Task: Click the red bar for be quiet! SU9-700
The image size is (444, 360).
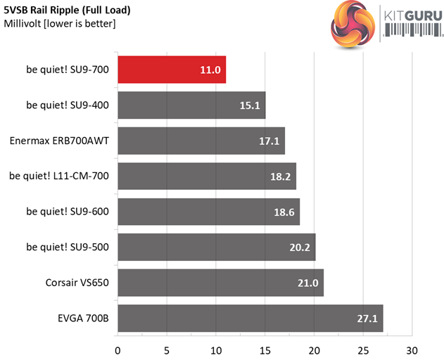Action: tap(172, 70)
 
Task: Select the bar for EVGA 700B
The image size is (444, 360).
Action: tap(250, 319)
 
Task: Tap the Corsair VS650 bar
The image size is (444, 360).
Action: tap(220, 283)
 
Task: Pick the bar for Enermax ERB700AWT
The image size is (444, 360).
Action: tap(201, 141)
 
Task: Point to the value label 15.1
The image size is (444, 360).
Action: tap(250, 105)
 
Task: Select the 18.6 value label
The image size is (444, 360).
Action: tap(285, 212)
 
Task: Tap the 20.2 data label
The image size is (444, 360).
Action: tap(300, 247)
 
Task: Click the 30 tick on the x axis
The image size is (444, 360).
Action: tap(412, 349)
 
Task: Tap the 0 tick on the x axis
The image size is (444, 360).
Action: tap(118, 349)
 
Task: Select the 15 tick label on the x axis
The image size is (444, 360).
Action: tap(265, 349)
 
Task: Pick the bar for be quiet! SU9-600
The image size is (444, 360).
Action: tap(208, 212)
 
